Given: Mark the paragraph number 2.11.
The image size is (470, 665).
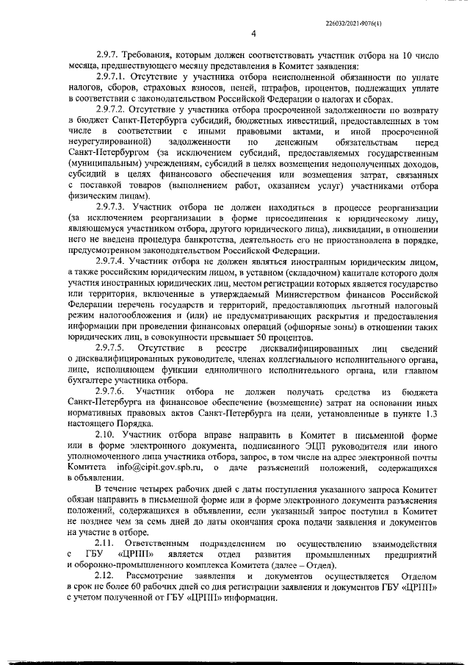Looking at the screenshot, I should point(106,543).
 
